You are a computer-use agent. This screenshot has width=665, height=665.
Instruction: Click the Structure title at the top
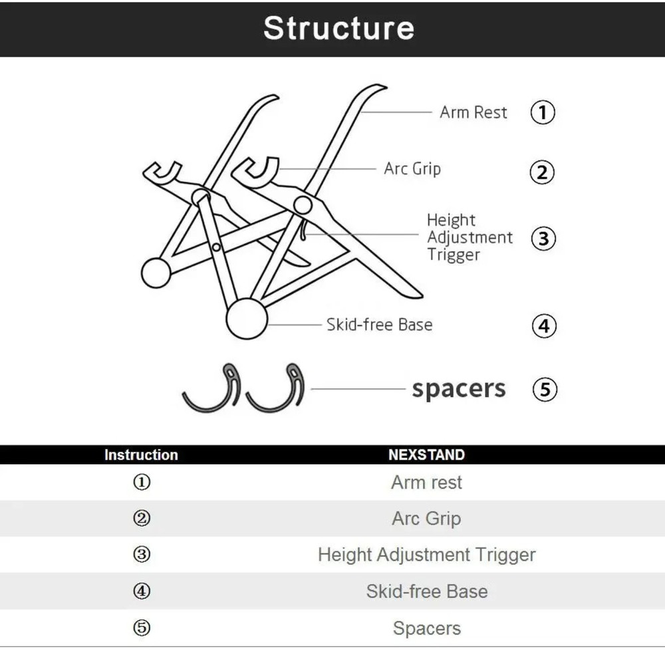pos(338,28)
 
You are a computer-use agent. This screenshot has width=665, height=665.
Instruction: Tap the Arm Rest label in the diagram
pos(473,112)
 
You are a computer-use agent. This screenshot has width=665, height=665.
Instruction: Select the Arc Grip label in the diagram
pos(412,169)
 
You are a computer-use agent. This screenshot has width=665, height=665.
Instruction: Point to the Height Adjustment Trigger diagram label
pos(469,237)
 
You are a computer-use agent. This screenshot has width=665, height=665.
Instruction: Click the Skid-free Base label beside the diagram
pos(379,325)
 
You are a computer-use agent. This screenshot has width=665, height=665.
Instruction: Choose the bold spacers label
pos(458,389)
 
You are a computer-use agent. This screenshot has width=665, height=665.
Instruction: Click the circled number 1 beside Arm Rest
pos(543,112)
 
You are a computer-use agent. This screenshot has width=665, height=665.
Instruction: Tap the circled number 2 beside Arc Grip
pos(542,173)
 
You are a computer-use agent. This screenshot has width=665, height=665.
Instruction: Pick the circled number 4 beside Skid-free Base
pos(544,326)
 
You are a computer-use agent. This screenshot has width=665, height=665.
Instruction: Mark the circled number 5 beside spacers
pos(545,390)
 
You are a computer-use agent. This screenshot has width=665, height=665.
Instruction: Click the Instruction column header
pos(141,455)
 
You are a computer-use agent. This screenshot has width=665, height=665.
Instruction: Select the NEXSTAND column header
pos(426,455)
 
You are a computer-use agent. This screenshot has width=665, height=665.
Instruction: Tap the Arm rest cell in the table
pos(426,482)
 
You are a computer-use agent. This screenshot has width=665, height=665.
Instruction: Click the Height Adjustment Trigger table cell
pos(426,555)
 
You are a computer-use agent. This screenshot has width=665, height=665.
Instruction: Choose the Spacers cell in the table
pos(426,628)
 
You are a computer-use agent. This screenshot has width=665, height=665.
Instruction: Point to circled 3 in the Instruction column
pos(142,555)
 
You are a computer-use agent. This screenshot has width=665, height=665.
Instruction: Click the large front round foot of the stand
pos(247,319)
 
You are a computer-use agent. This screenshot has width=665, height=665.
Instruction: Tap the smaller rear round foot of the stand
pos(156,273)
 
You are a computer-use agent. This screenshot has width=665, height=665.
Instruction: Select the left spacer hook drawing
pos(211,388)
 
